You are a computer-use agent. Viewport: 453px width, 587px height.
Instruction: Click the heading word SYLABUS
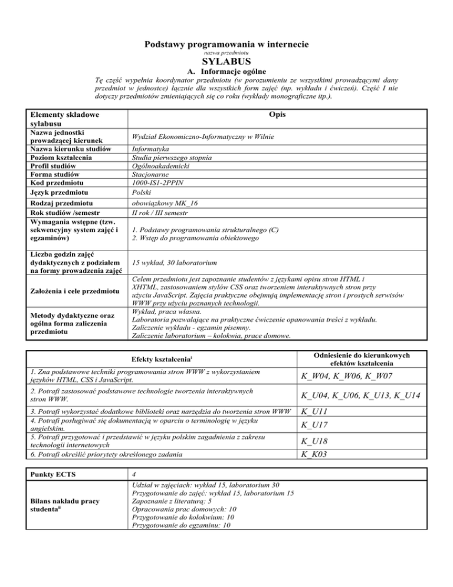[x=226, y=61]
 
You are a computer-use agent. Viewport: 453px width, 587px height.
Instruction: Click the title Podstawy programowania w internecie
[x=226, y=44]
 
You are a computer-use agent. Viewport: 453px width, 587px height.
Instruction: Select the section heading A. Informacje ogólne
[x=226, y=71]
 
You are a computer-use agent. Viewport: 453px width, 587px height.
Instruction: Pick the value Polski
[x=143, y=192]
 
